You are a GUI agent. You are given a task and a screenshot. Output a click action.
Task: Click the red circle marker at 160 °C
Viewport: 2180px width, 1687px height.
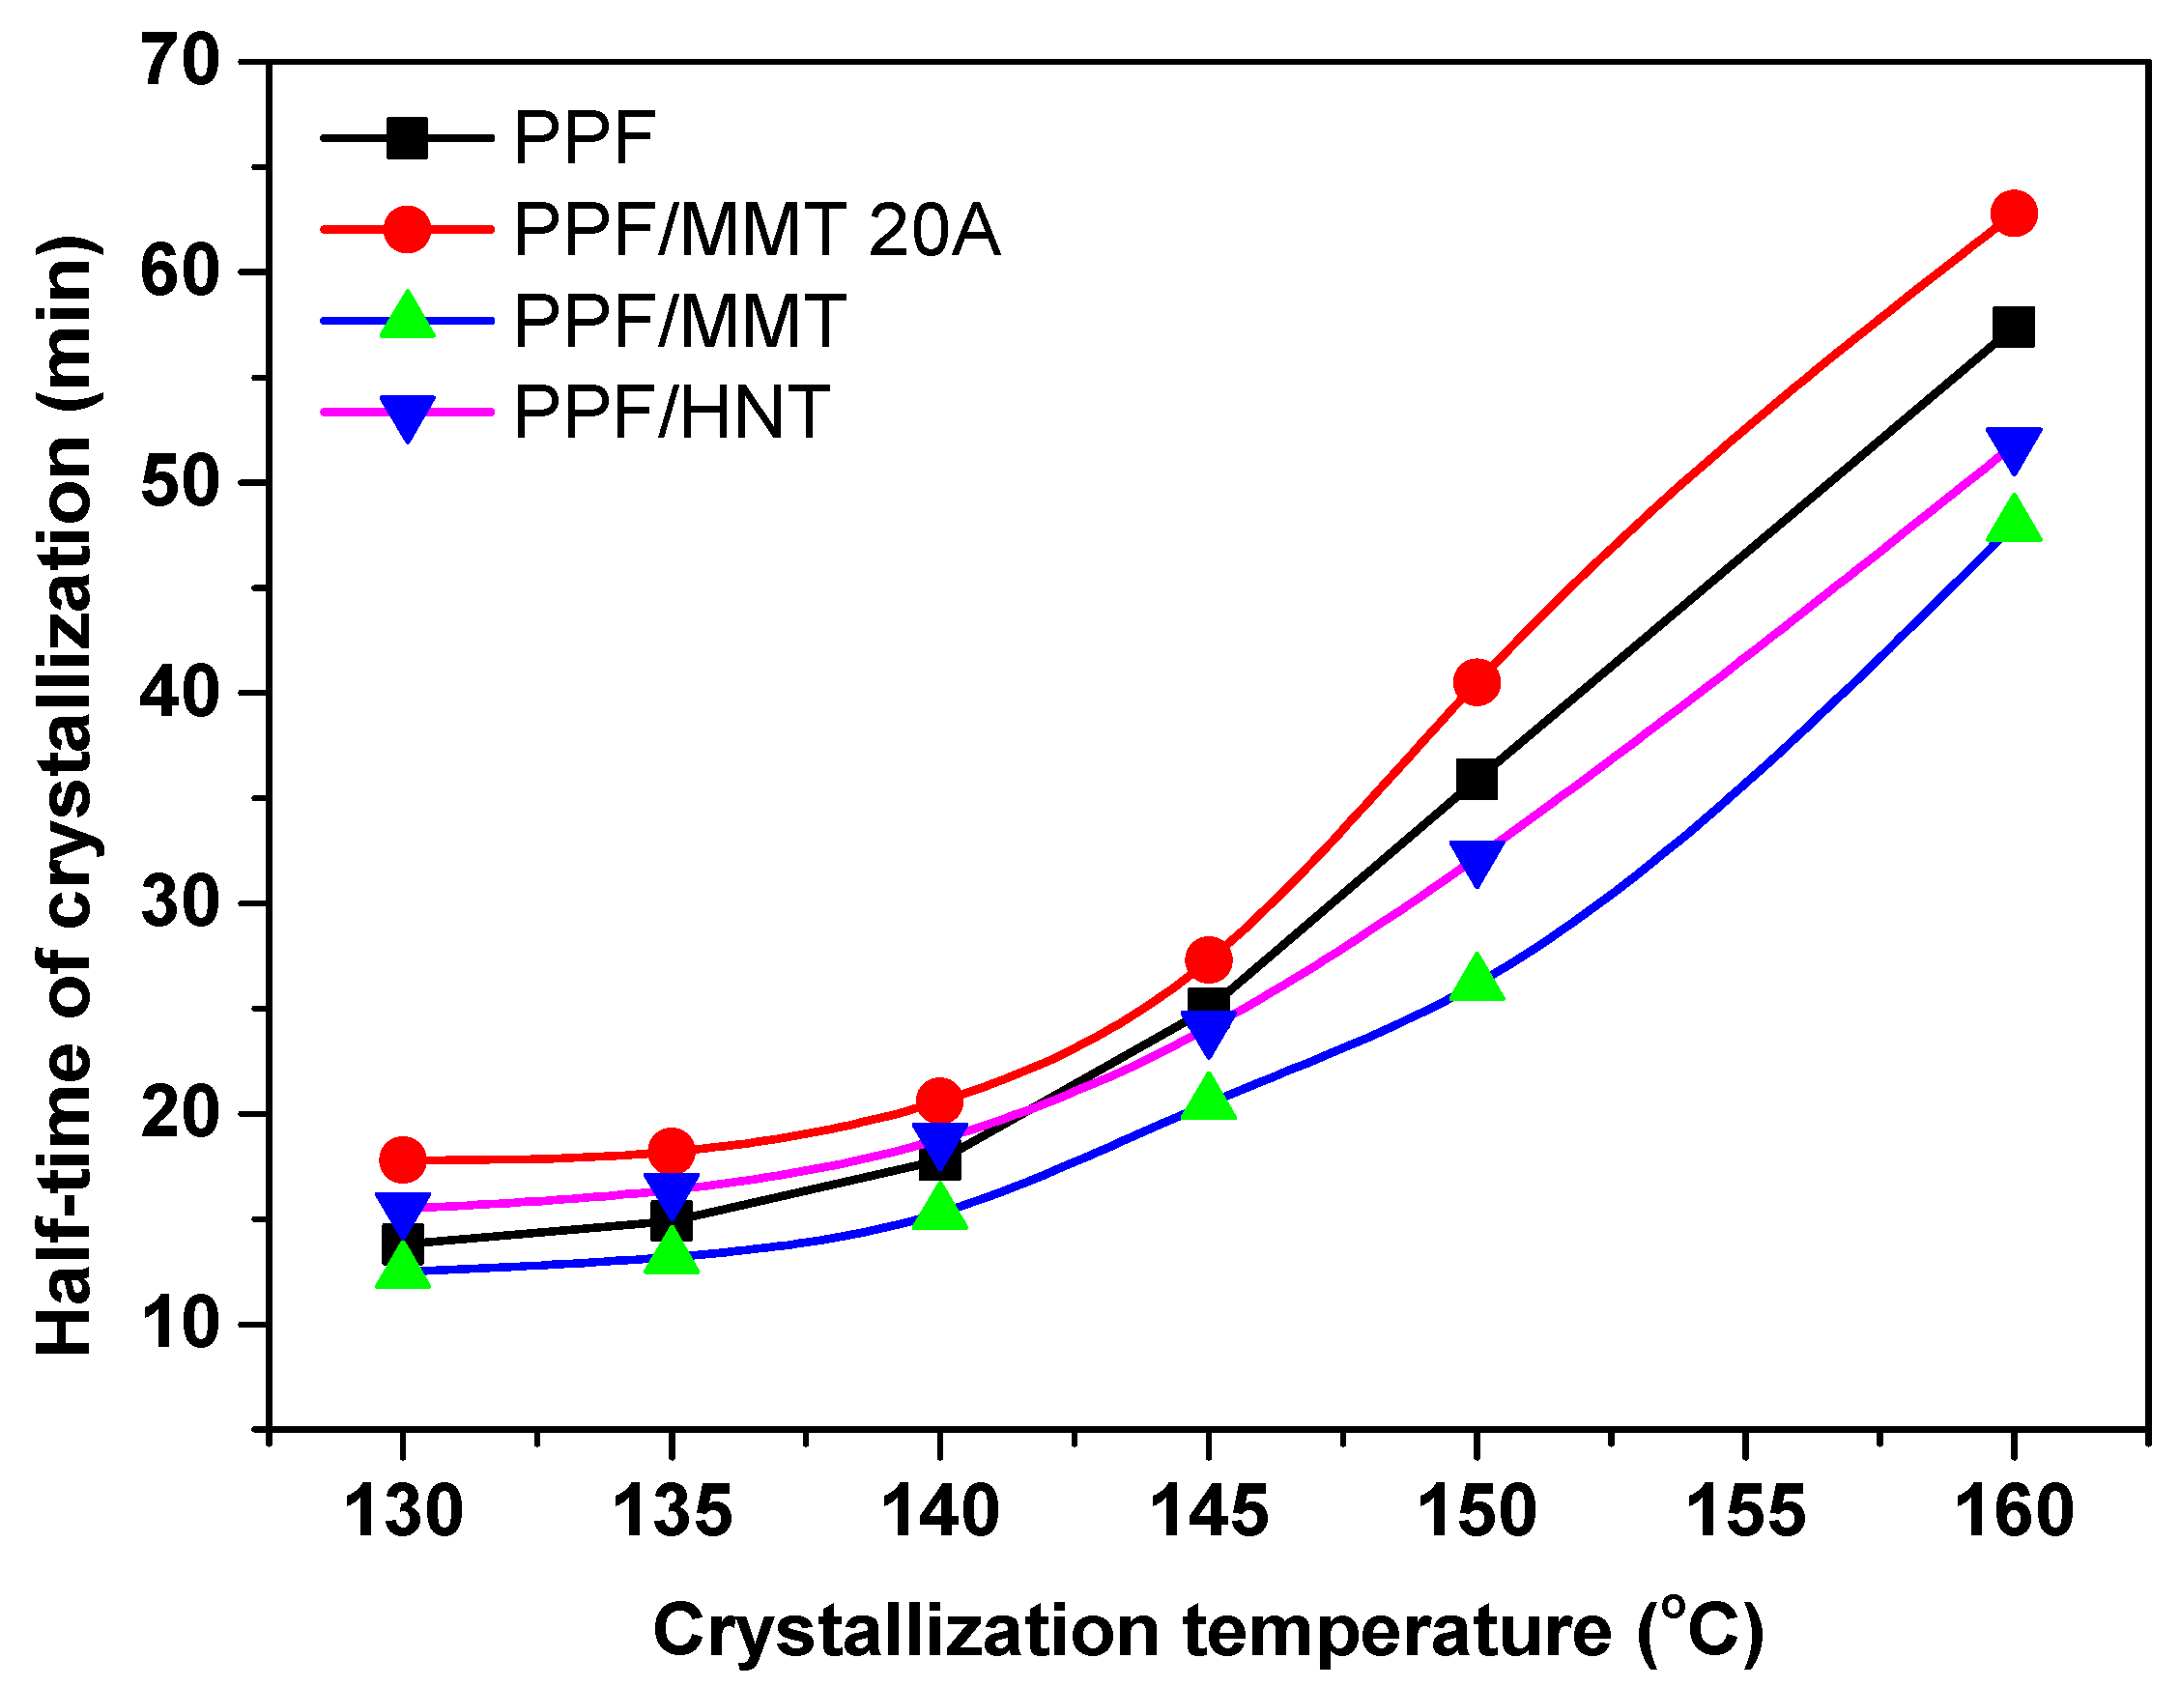point(2013,214)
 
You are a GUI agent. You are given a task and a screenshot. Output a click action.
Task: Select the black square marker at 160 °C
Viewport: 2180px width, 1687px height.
point(2013,328)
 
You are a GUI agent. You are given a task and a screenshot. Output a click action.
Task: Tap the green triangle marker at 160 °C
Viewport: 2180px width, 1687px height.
point(2013,520)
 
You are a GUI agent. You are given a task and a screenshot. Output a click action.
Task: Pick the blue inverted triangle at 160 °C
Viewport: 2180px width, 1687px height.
point(2013,448)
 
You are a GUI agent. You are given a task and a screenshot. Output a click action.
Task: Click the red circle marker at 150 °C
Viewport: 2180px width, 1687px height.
point(1477,682)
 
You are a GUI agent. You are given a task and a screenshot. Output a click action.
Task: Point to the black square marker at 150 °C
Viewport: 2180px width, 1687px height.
point(1477,779)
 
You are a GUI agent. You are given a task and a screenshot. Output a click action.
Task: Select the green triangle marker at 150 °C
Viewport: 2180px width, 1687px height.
point(1477,978)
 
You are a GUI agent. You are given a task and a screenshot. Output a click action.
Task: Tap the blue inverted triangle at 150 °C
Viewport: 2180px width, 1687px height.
point(1477,860)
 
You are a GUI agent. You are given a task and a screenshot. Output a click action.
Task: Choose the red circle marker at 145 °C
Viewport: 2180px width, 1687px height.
point(1209,960)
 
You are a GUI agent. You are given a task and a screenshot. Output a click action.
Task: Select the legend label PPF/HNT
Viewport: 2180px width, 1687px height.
point(671,413)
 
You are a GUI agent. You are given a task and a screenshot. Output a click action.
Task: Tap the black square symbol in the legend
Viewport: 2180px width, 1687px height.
point(407,138)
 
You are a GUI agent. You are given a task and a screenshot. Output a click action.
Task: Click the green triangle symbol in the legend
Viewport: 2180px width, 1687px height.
point(407,318)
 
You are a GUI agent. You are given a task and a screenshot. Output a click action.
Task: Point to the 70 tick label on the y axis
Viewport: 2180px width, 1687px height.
point(180,62)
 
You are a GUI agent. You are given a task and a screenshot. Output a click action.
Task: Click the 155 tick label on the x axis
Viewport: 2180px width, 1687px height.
point(1746,1511)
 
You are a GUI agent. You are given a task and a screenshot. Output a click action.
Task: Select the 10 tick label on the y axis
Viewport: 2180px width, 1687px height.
point(180,1325)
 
